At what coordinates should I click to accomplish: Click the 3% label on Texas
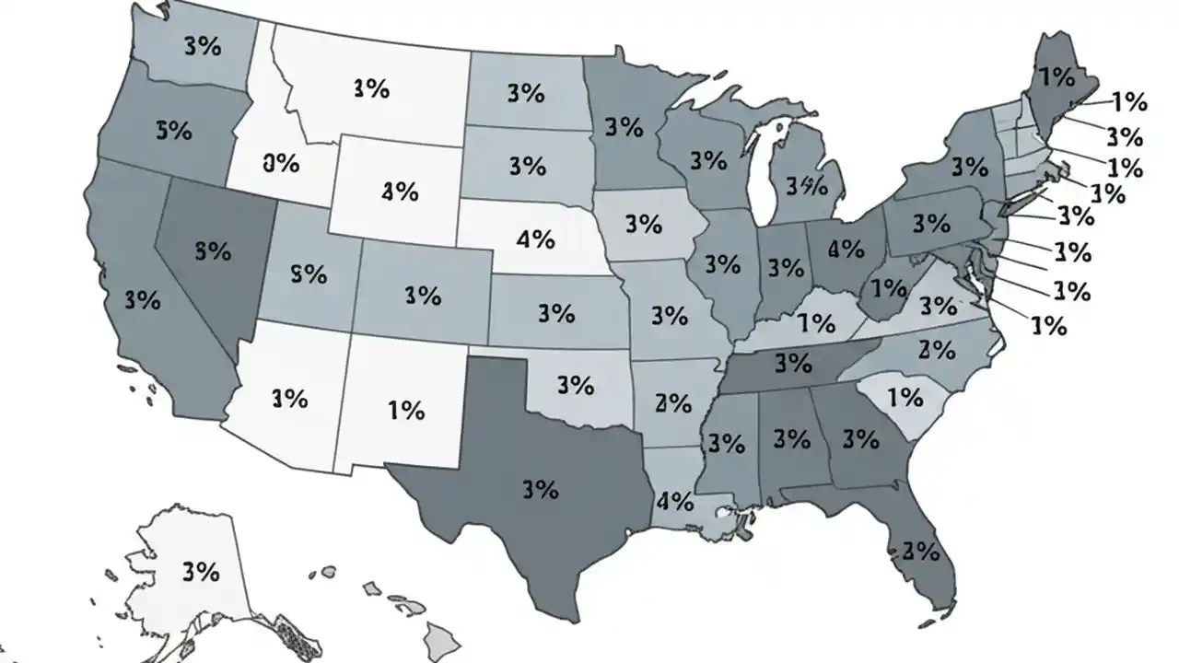[x=540, y=489]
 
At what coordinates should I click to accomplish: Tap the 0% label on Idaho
[x=281, y=164]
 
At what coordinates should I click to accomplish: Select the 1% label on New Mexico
[x=405, y=410]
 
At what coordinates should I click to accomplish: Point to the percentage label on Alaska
[x=201, y=571]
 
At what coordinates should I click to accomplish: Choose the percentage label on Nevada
[x=213, y=250]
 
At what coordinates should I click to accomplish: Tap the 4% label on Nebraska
[x=535, y=240]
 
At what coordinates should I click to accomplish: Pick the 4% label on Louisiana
[x=674, y=502]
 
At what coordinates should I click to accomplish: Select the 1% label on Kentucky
[x=816, y=323]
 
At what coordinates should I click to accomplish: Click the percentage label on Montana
[x=370, y=88]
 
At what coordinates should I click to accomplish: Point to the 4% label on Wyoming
[x=400, y=192]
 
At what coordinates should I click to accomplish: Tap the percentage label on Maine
[x=1055, y=77]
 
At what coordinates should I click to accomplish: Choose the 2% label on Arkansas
[x=673, y=402]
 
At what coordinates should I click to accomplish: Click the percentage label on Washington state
[x=203, y=46]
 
